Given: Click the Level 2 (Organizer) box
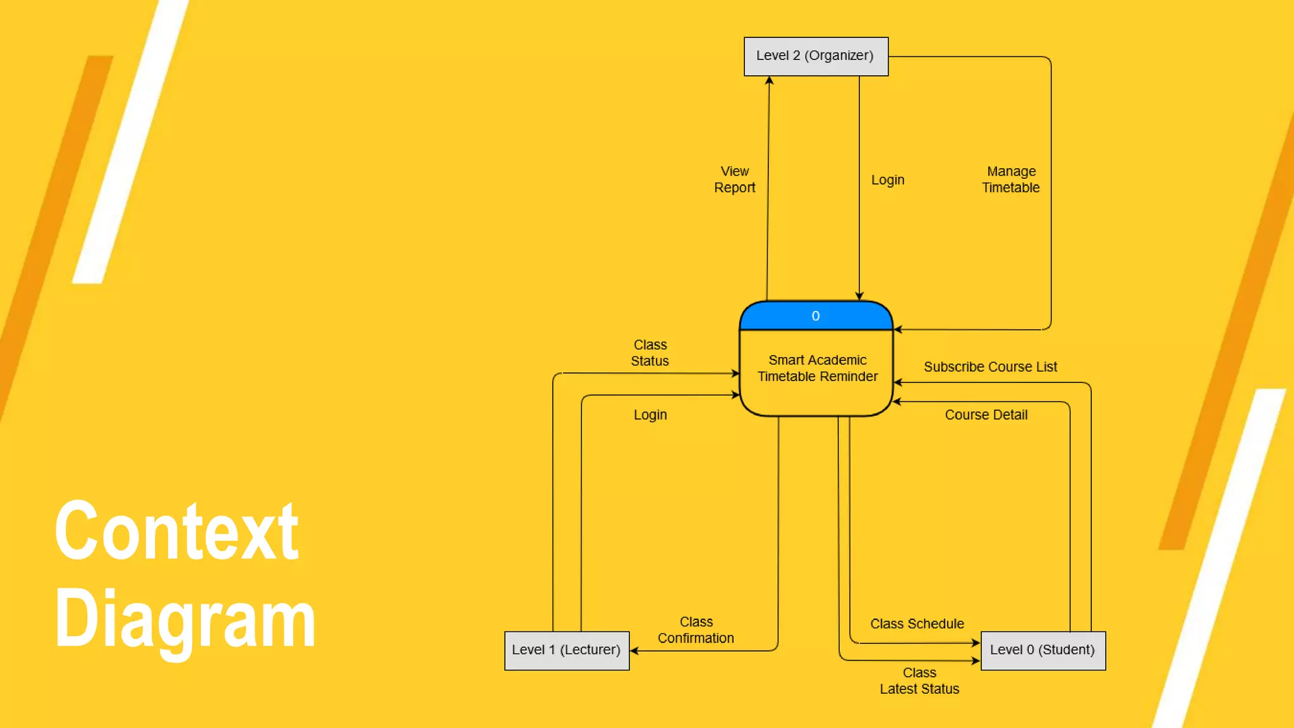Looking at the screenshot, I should click(816, 56).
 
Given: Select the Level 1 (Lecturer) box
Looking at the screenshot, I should click(567, 650).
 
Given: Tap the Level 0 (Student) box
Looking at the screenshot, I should click(1043, 650).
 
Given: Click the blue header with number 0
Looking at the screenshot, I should click(816, 316).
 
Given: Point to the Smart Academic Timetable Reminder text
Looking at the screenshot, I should click(818, 368).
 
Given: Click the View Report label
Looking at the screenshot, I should click(734, 179).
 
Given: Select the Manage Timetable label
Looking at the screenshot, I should click(1011, 179).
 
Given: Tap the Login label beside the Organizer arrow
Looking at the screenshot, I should click(888, 180).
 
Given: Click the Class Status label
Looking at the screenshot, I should click(650, 353).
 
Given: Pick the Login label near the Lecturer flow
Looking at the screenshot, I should click(650, 415).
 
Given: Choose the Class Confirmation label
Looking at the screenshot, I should click(696, 630).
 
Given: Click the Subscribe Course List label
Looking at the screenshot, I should click(990, 367).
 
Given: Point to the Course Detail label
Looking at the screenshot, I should click(986, 415).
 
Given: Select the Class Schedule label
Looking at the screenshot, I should click(917, 624).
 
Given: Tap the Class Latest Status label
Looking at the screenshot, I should click(919, 681).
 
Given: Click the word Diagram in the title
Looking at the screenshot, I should click(184, 618).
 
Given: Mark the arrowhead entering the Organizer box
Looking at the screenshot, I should click(769, 81).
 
